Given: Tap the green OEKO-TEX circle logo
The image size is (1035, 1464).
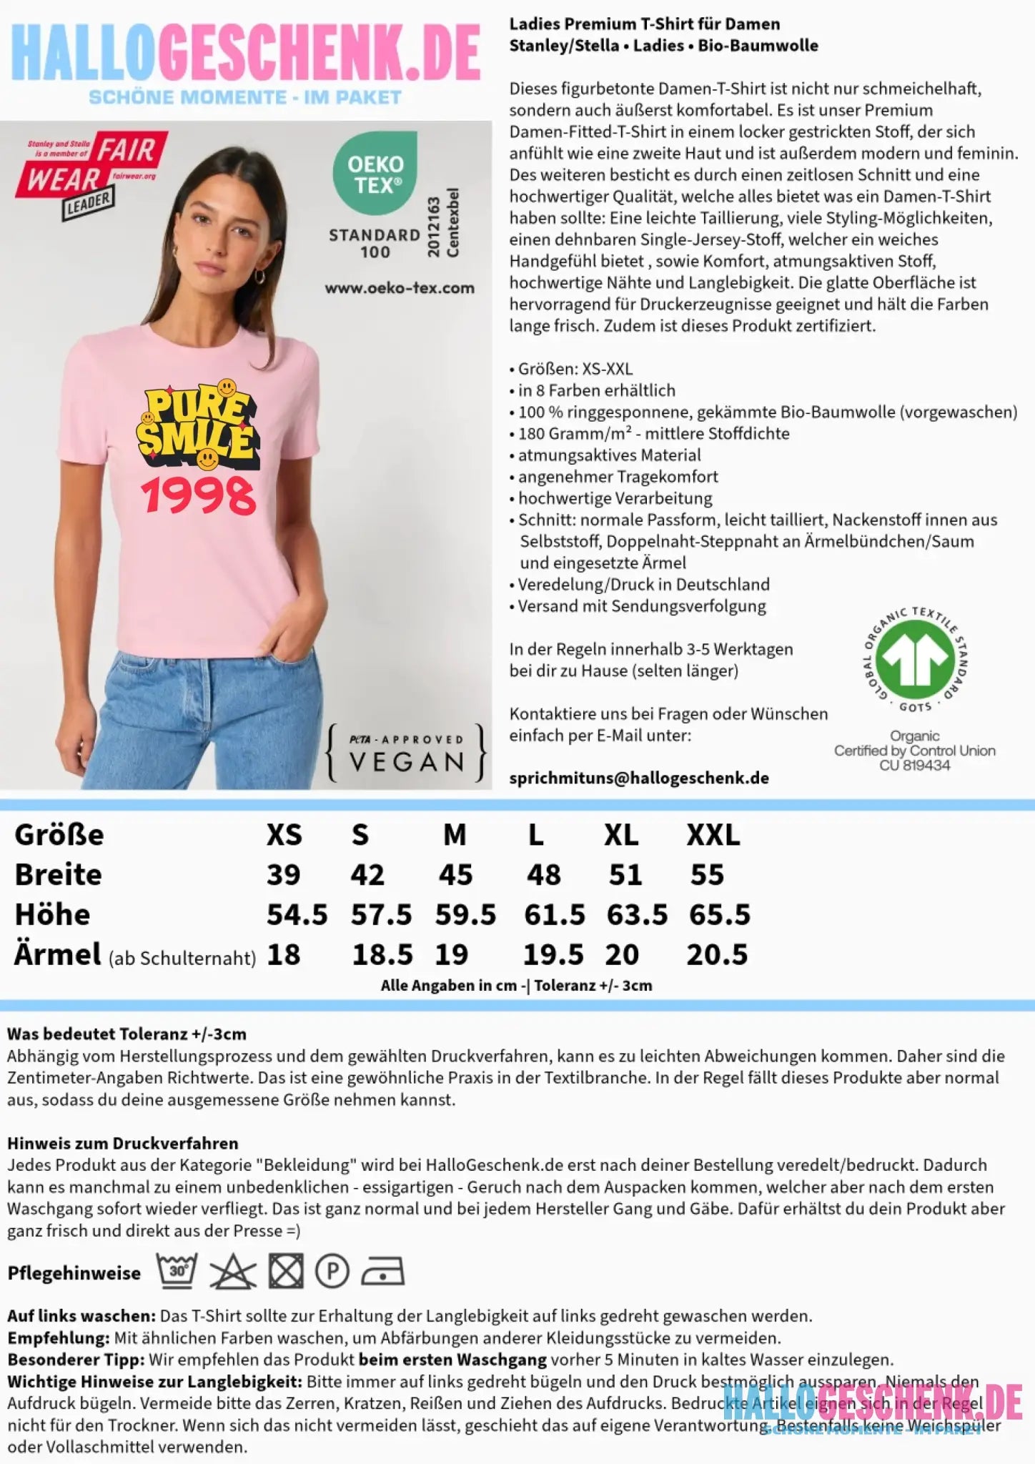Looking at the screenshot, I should [375, 174].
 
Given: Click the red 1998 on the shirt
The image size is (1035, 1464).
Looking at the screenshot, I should [198, 496].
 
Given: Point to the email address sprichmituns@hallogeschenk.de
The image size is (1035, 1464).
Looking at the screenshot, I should [639, 778].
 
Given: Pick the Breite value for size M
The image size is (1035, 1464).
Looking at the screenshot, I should [455, 875].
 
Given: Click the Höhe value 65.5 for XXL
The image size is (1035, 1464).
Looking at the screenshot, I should [719, 915].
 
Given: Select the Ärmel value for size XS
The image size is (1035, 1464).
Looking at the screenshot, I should [283, 955].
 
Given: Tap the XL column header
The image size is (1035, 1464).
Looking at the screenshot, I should [621, 835].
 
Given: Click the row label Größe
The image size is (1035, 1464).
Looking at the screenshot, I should [59, 835].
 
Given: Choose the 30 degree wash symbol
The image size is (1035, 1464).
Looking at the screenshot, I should [177, 1272].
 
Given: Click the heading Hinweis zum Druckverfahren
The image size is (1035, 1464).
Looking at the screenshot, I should [122, 1143].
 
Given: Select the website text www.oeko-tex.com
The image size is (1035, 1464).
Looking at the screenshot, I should [400, 288].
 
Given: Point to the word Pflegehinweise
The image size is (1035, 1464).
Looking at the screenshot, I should [74, 1273].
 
